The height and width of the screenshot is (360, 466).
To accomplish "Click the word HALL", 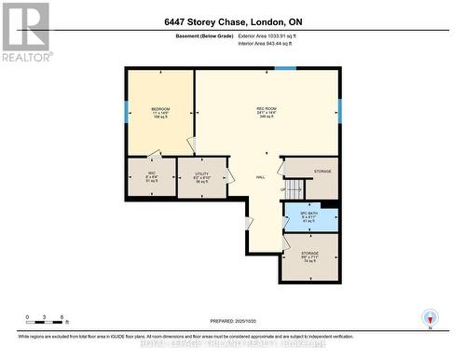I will [262, 176].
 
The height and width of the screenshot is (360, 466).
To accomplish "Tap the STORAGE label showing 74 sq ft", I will [309, 256].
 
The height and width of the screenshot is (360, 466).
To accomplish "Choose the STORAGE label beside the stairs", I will [322, 172].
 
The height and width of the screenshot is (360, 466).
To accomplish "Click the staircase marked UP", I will [295, 190].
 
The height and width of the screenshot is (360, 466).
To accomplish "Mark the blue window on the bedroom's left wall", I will [127, 113].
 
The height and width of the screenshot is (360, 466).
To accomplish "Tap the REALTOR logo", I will [25, 32].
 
